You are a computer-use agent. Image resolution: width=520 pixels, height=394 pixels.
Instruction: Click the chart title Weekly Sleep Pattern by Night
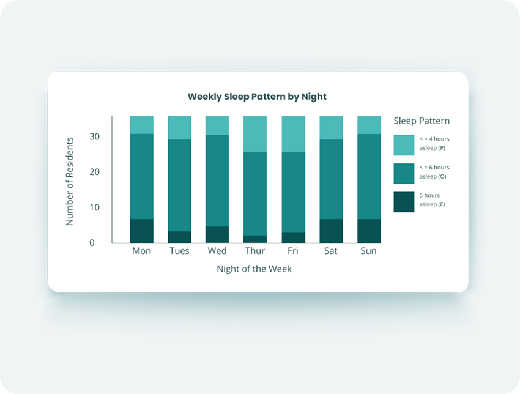pos(257,97)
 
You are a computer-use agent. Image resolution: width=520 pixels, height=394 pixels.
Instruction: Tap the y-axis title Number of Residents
pos(70,182)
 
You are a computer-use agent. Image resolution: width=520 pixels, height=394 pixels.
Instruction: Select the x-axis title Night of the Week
pos(254,269)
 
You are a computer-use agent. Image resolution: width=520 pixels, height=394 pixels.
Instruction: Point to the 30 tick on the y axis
pos(94,136)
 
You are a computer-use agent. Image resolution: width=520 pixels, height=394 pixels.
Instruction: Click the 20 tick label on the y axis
pos(94,172)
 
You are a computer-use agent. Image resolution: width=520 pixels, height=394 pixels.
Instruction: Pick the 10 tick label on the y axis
pos(94,207)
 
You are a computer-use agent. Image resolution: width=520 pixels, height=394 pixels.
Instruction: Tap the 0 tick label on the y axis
pos(92,243)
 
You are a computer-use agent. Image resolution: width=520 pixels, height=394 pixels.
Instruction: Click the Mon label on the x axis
pos(141,251)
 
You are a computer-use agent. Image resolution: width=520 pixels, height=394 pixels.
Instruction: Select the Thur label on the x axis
pos(255,251)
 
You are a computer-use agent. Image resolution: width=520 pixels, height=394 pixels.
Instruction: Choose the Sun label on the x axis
pos(368,251)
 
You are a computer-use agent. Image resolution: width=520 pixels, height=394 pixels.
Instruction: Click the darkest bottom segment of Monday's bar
pos(141,231)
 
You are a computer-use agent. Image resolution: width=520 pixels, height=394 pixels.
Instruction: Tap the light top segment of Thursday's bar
pos(255,134)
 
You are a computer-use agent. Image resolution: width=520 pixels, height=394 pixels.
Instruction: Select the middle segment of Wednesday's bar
pos(217,180)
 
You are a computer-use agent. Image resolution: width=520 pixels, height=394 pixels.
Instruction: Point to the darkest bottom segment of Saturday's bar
pos(332,231)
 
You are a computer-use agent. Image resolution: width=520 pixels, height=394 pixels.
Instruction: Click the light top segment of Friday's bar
pos(294,134)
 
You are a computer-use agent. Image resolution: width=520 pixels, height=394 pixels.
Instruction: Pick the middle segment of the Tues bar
pos(179,185)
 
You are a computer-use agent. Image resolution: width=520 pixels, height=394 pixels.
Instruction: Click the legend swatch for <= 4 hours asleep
pos(404,145)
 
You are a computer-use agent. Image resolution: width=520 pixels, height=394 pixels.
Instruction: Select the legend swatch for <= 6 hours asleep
pos(404,174)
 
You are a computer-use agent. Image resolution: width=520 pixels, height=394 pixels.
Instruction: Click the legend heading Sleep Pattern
pos(422,121)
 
